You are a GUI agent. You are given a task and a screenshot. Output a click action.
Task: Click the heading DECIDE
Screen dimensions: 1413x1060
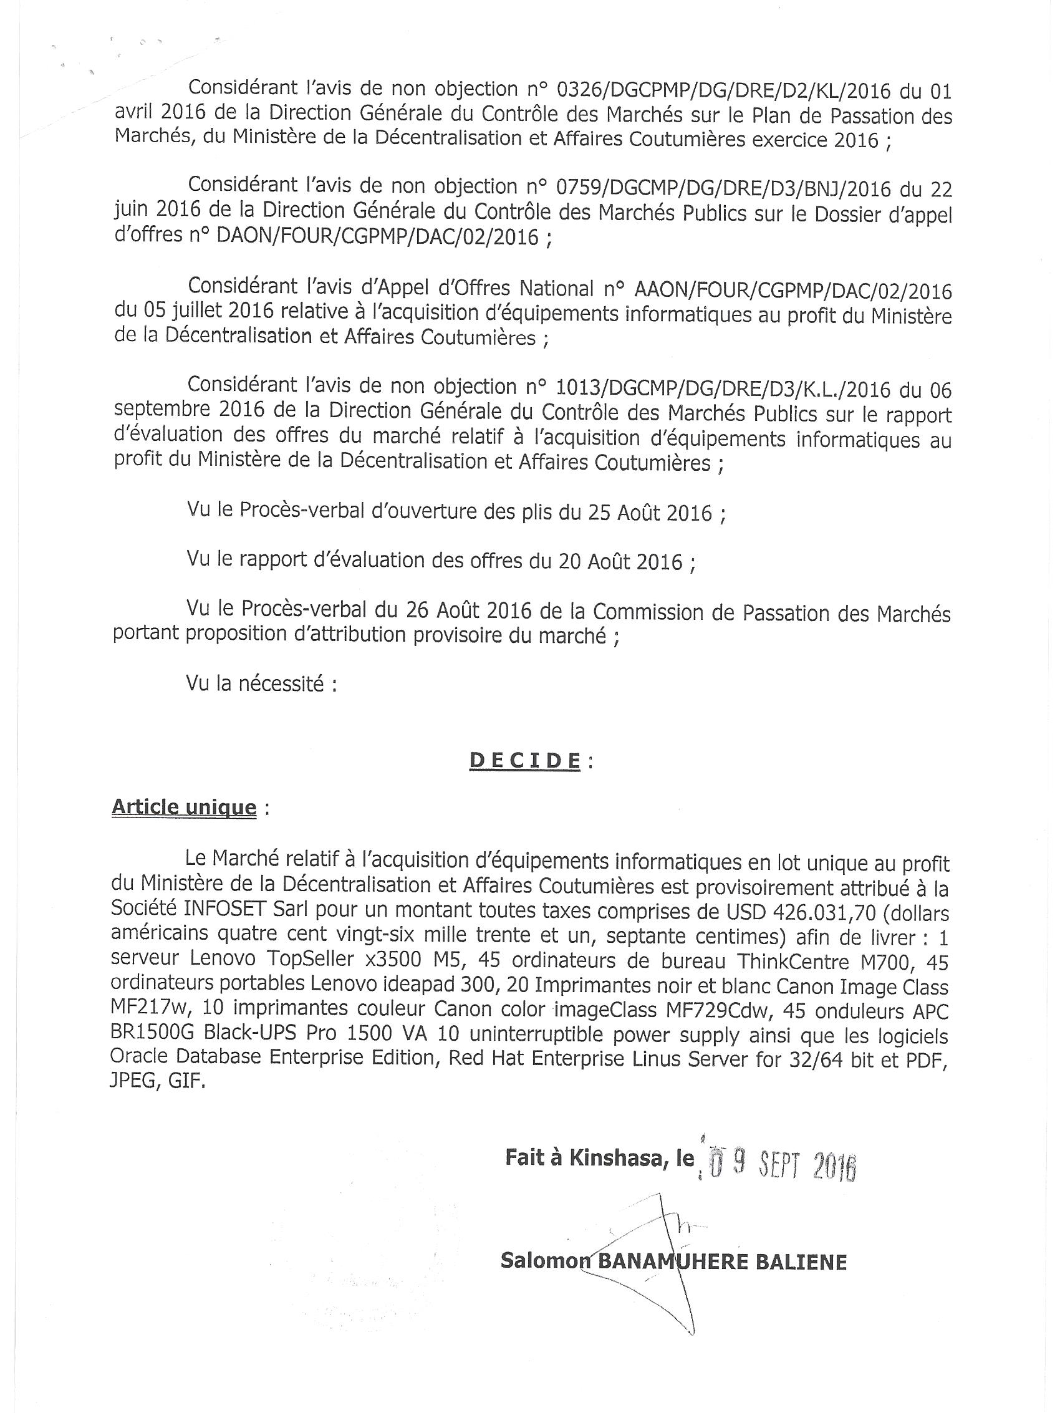pos(525,760)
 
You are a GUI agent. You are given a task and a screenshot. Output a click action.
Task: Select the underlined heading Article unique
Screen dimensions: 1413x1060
pos(184,808)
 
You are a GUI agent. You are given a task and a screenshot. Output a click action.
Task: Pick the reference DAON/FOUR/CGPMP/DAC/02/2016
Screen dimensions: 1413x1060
pos(378,238)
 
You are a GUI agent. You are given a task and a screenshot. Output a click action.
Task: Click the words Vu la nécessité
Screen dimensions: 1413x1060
pos(262,685)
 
